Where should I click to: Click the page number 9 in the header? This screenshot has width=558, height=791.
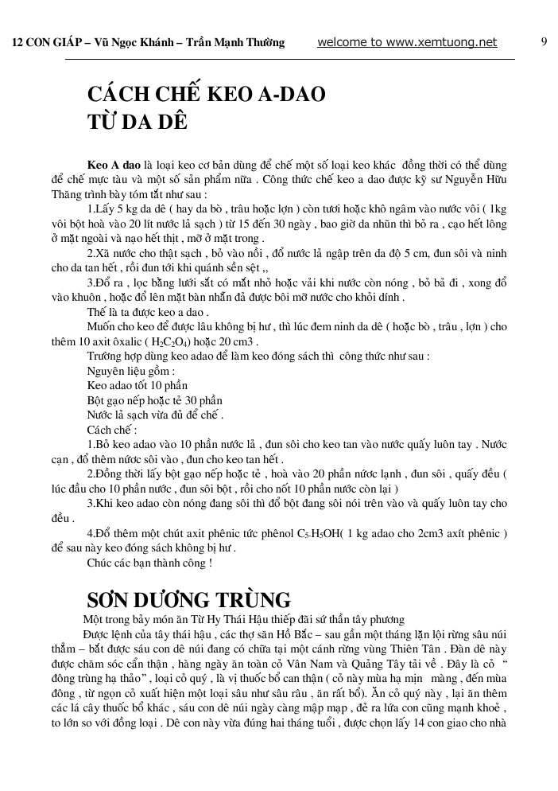click(x=544, y=42)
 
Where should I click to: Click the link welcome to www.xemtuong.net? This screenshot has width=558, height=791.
click(x=407, y=42)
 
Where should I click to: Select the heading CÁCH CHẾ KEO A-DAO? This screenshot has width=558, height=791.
click(x=207, y=95)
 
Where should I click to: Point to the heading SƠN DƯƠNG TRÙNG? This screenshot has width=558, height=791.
click(x=188, y=599)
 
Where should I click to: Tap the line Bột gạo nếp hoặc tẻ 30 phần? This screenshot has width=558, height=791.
click(x=154, y=400)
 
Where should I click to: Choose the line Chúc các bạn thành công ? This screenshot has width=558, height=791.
click(x=149, y=563)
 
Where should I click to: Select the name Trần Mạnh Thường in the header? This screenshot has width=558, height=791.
click(x=240, y=43)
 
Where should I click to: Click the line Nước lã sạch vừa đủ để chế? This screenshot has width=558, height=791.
click(x=154, y=415)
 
